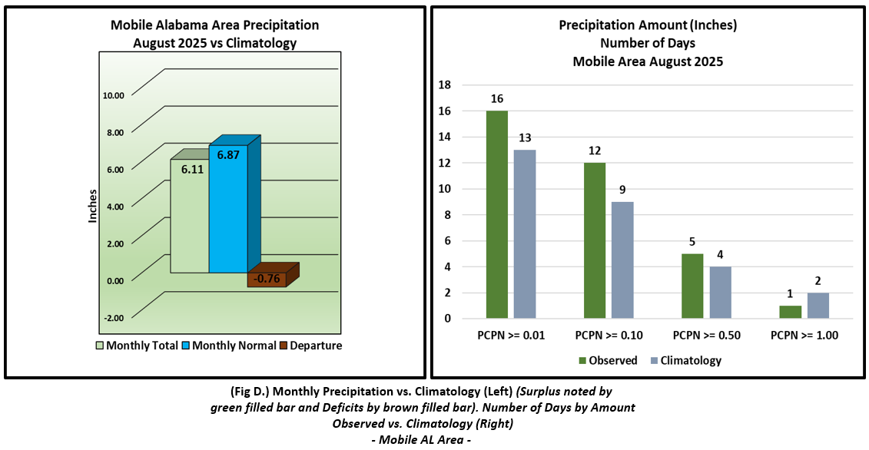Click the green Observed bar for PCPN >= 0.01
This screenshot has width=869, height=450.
497,214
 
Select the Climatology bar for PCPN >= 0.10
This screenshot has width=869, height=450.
622,260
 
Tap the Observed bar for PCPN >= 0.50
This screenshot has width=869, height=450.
692,286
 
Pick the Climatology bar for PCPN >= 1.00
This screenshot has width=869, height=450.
818,305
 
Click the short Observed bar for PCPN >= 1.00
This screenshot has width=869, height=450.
791,312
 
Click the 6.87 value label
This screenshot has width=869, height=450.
228,155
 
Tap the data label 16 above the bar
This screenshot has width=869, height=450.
497,98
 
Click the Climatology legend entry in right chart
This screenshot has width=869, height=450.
685,360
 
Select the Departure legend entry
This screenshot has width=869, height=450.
310,346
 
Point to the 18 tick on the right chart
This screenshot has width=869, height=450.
446,85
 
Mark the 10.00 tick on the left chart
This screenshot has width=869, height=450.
113,95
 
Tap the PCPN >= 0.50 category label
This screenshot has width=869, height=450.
707,335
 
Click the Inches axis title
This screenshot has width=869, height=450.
93,206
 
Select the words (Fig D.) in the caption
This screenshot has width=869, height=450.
253,392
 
